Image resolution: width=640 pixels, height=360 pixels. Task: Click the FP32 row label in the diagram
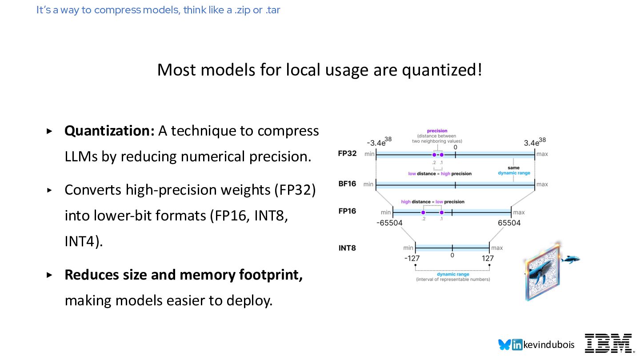pyautogui.click(x=347, y=153)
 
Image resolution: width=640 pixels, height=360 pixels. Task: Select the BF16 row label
pyautogui.click(x=347, y=184)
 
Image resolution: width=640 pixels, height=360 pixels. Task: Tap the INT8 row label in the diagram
pyautogui.click(x=347, y=248)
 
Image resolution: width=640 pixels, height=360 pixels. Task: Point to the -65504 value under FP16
pyautogui.click(x=389, y=223)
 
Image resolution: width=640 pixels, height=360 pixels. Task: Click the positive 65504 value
pyautogui.click(x=509, y=223)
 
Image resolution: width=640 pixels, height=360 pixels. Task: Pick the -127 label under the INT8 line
pyautogui.click(x=412, y=258)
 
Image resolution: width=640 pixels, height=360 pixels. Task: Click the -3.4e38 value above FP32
pyautogui.click(x=379, y=142)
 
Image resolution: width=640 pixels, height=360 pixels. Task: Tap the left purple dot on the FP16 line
pyautogui.click(x=423, y=212)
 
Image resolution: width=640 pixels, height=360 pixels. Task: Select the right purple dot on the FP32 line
pyautogui.click(x=441, y=155)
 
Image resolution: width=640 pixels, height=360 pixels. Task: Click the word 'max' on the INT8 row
pyautogui.click(x=497, y=248)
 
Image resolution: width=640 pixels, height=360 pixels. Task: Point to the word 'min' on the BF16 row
pyautogui.click(x=368, y=184)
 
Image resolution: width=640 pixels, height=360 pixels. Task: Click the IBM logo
pyautogui.click(x=608, y=344)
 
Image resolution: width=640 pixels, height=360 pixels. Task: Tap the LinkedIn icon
pyautogui.click(x=517, y=344)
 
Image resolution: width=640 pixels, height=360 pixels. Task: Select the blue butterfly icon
pyautogui.click(x=504, y=344)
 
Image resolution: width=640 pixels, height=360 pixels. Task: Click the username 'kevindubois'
pyautogui.click(x=549, y=345)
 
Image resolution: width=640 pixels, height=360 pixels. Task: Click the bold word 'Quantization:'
pyautogui.click(x=109, y=131)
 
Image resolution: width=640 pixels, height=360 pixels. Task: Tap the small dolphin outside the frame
pyautogui.click(x=570, y=259)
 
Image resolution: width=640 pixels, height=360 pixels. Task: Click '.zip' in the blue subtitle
pyautogui.click(x=242, y=10)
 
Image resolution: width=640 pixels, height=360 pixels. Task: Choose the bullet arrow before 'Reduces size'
pyautogui.click(x=49, y=275)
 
